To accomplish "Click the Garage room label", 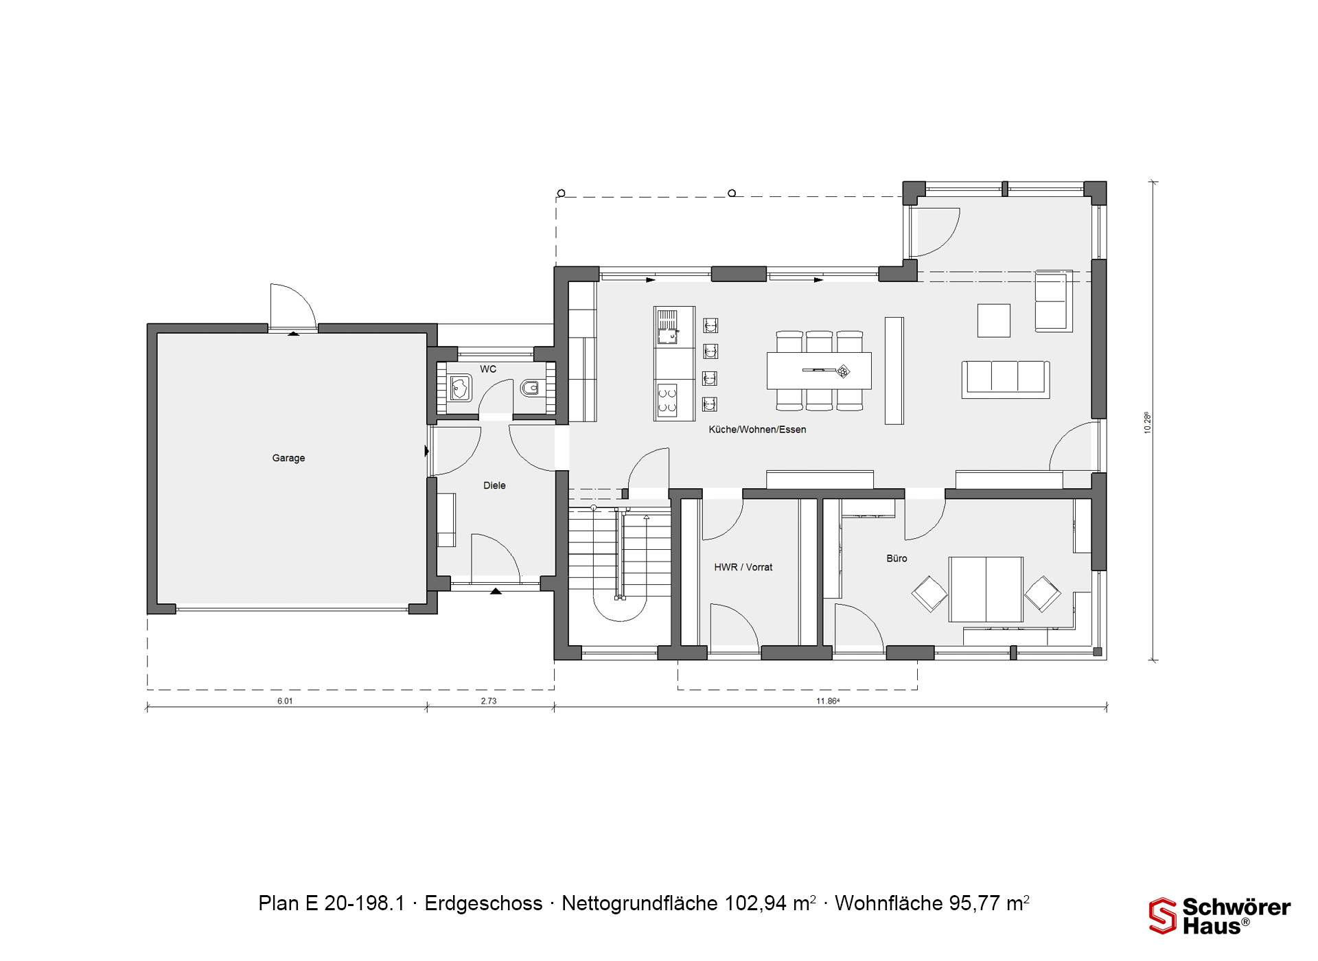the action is (288, 458).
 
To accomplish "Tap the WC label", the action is (488, 369).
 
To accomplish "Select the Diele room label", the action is (494, 485).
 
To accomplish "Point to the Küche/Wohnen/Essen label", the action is (757, 430).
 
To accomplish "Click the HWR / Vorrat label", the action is (743, 567).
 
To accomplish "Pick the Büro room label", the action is (897, 558).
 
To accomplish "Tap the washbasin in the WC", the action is (459, 389).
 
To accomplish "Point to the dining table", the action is (819, 371).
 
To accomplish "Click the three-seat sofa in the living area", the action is (1006, 379).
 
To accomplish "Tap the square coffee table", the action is (993, 321).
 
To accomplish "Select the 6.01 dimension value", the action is (285, 701).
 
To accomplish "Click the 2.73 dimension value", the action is (488, 701).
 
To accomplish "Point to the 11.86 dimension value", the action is (828, 701).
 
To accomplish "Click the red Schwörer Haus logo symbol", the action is (1162, 916).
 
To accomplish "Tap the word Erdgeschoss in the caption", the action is (483, 903).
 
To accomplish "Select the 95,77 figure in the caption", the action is (975, 903).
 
